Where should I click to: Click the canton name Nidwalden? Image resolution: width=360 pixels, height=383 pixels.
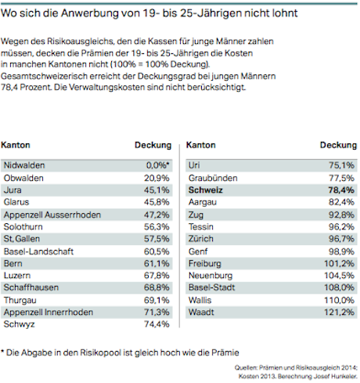point(24,165)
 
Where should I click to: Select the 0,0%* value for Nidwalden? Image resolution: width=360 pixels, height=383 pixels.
point(157,165)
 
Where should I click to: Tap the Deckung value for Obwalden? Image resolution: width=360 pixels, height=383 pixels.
point(157,178)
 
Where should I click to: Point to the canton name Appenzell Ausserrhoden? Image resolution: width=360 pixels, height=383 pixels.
point(52,215)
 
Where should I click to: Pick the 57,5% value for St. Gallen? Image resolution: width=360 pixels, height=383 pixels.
point(157,239)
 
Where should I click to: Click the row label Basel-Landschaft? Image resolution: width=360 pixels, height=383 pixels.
point(38,251)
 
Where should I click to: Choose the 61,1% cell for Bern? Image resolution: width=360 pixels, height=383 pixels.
point(157,264)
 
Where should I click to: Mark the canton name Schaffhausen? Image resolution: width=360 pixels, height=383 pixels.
point(31,287)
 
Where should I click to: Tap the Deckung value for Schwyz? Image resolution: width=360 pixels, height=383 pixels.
point(157,324)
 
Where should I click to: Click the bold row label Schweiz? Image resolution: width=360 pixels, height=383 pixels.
point(206,190)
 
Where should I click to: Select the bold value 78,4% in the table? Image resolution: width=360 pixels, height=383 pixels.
point(341,190)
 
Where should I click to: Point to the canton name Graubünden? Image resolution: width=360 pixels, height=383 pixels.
point(213,178)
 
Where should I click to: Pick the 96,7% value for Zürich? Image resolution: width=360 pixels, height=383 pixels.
point(341,239)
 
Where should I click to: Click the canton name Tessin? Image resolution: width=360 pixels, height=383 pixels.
point(201,226)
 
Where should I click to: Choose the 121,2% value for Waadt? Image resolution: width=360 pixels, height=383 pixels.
point(340,313)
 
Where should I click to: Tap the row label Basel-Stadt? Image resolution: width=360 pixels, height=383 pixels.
point(211,287)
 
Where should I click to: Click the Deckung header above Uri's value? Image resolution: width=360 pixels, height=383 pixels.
point(338,145)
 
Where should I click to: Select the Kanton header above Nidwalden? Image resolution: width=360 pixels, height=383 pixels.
point(16,145)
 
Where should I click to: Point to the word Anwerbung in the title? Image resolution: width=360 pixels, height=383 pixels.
point(90,13)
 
